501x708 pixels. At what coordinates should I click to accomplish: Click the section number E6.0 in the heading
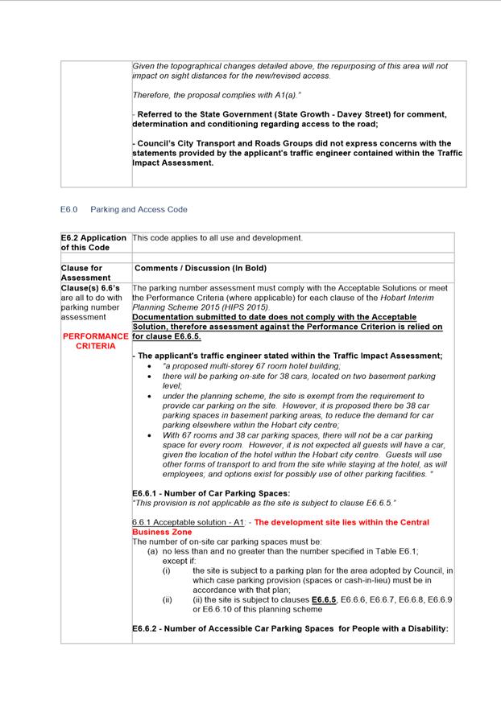click(68, 210)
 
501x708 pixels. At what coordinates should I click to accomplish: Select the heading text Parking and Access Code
click(139, 210)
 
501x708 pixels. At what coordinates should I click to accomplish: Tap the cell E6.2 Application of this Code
click(93, 242)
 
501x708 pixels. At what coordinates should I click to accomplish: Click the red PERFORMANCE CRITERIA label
click(95, 341)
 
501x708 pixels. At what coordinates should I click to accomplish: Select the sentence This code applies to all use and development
click(217, 238)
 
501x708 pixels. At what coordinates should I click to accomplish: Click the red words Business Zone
click(162, 532)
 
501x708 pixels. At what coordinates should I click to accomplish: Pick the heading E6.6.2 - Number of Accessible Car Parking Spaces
click(289, 628)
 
